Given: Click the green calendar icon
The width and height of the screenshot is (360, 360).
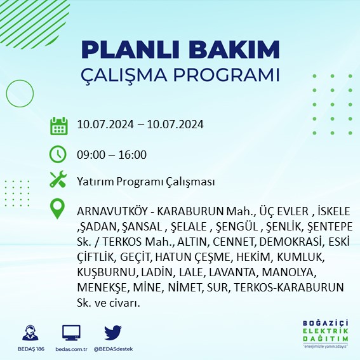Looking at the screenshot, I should point(58,125).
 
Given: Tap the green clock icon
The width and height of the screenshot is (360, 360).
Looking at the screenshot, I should point(58,154).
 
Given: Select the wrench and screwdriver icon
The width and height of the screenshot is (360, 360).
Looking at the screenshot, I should point(58,180).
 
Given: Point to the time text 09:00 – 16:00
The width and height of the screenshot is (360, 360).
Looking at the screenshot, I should point(111,154).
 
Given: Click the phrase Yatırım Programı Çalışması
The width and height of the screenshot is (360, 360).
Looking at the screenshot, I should point(145,182).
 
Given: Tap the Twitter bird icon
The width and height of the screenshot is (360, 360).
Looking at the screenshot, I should point(113,333).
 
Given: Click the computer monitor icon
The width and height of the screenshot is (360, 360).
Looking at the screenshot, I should point(71,333).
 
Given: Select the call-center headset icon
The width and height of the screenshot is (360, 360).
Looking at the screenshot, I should point(29,333).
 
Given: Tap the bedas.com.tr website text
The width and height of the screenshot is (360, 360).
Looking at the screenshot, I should point(71,349).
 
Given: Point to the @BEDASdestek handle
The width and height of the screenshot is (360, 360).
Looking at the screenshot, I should point(113,349).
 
